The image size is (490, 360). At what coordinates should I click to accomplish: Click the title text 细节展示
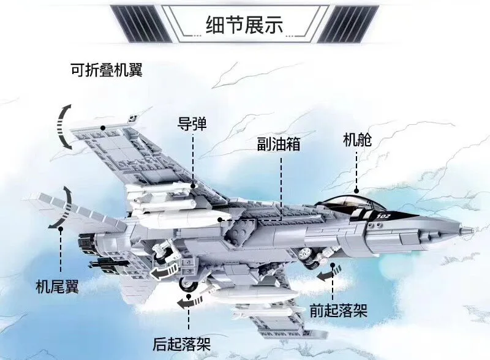pos(245,24)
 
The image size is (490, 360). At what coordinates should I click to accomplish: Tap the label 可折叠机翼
pos(106,69)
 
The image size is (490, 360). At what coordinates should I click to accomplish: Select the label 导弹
pos(192,124)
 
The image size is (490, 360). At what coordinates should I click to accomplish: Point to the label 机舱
pos(357,140)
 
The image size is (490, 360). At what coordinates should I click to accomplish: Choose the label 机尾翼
pos(58,287)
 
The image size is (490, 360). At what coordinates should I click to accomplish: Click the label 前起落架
pos(338,310)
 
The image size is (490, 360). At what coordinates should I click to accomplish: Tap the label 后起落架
pos(182,343)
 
